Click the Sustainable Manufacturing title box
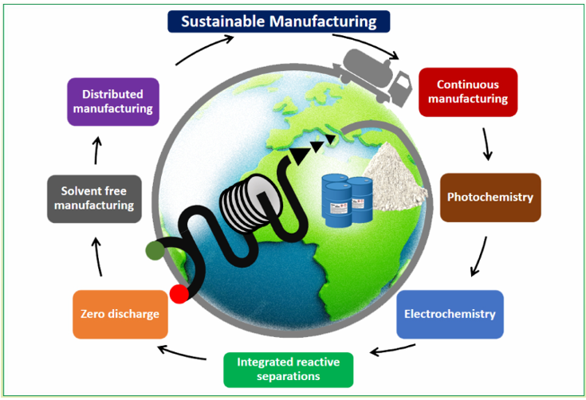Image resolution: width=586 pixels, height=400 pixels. tap(278, 21)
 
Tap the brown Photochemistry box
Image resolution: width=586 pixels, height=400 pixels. tap(490, 197)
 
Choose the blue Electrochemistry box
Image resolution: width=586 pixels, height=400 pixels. tap(450, 314)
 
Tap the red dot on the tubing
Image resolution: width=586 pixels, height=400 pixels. tap(179, 294)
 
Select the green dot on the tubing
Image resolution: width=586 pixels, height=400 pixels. tap(155, 251)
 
